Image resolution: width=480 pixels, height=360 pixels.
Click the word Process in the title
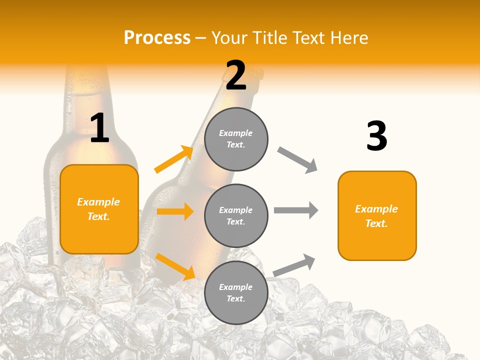157,37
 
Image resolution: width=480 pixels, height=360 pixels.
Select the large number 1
99,128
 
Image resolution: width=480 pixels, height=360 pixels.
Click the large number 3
376,136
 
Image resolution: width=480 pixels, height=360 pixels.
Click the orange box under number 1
99,209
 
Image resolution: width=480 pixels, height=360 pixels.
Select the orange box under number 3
377,215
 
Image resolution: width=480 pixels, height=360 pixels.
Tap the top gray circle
236,138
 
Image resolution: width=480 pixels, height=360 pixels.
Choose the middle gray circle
236,215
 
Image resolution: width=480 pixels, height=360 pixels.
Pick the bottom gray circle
236,292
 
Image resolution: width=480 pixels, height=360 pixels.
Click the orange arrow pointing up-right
174,159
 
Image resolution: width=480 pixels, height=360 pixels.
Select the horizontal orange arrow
175,211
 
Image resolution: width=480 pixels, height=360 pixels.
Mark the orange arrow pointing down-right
175,266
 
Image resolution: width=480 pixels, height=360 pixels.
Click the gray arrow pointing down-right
297,160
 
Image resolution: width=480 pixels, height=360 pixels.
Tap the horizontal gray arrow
296,210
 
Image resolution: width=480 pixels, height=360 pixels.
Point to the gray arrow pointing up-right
294,265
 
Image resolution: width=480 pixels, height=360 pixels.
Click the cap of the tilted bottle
256,73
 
